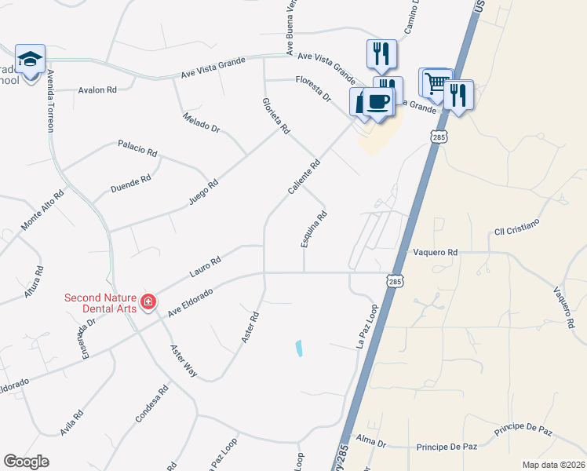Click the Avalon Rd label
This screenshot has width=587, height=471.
pyautogui.click(x=97, y=90)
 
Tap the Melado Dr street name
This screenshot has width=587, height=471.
pyautogui.click(x=202, y=122)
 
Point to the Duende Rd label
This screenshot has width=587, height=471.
pyautogui.click(x=130, y=185)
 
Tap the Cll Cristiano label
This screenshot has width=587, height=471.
pyautogui.click(x=516, y=226)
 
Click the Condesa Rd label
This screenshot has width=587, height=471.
pyautogui.click(x=152, y=403)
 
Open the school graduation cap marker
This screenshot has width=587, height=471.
pyautogui.click(x=30, y=60)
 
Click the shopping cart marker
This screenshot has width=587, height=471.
pyautogui.click(x=436, y=82)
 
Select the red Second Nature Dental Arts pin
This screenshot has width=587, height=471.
pyautogui.click(x=148, y=301)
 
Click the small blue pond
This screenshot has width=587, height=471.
pyautogui.click(x=299, y=348)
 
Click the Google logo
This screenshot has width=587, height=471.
pyautogui.click(x=27, y=462)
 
